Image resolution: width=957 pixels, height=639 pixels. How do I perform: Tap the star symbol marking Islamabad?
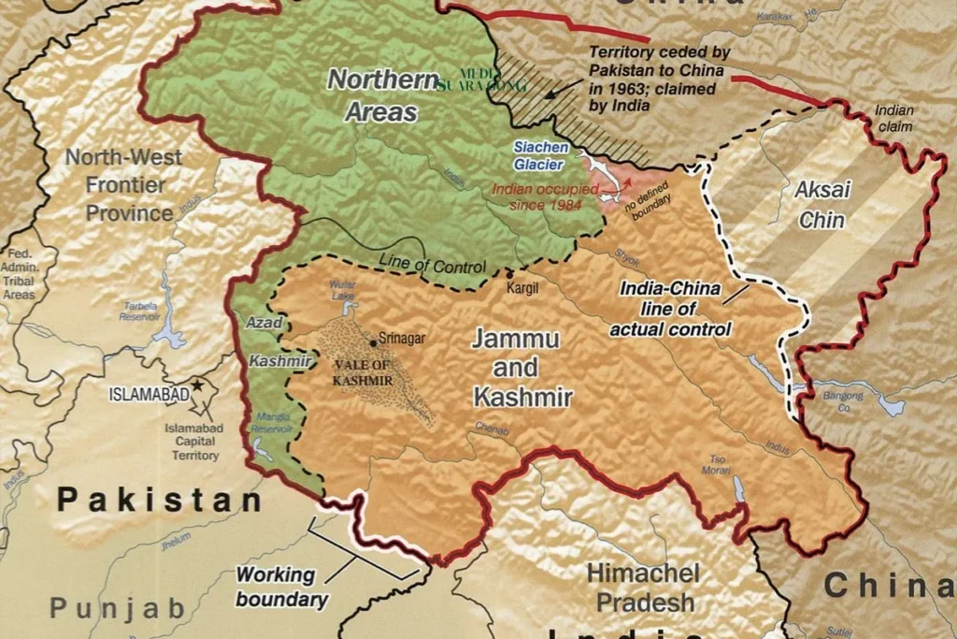click(198, 385)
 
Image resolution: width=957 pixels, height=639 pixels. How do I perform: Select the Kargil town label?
click(522, 288)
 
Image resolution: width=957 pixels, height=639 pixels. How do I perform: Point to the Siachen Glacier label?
click(538, 156)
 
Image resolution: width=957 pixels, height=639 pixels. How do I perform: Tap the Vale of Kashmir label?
click(364, 374)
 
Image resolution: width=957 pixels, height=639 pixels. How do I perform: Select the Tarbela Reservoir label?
click(139, 312)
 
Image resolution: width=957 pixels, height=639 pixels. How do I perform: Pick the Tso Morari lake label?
click(718, 465)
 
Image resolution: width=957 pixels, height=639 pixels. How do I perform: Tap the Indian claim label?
click(894, 117)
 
